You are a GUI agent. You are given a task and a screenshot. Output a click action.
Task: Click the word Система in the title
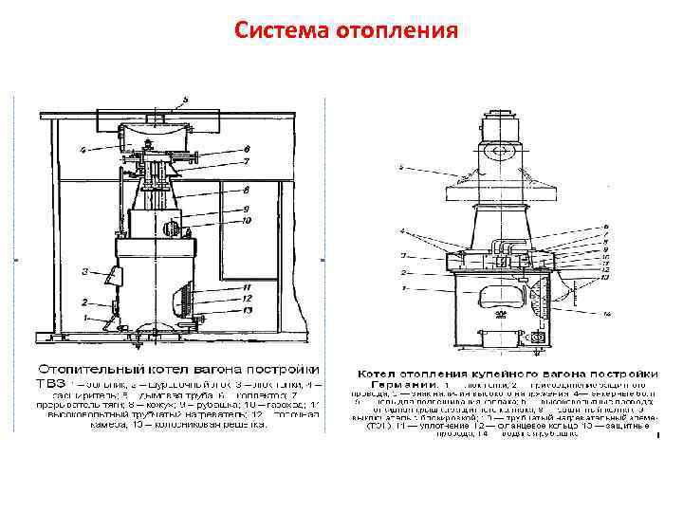pyautogui.click(x=281, y=32)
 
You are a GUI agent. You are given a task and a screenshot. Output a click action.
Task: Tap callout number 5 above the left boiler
pyautogui.click(x=187, y=98)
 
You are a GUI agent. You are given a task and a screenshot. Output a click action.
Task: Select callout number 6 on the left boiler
pyautogui.click(x=247, y=149)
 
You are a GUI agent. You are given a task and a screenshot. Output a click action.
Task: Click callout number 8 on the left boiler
pyautogui.click(x=246, y=191)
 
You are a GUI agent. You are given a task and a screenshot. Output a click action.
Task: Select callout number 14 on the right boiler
pyautogui.click(x=608, y=313)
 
